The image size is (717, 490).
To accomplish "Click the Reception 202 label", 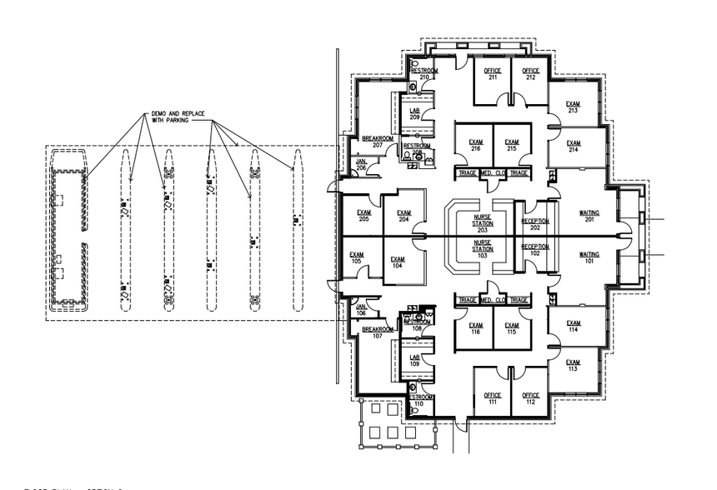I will click(535, 224).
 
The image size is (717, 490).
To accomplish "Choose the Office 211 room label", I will click(493, 75).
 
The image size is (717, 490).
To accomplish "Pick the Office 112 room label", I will click(531, 400).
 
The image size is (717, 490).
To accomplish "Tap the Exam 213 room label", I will click(573, 107).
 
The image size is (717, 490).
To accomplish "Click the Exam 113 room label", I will click(573, 366).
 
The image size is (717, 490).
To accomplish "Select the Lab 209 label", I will click(414, 114).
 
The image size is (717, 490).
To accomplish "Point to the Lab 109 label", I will click(414, 361).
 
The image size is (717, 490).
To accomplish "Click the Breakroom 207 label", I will click(377, 142).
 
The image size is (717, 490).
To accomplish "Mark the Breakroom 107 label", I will click(377, 333).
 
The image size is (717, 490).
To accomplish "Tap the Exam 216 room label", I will click(475, 145).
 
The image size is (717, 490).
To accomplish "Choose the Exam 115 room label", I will click(511, 329).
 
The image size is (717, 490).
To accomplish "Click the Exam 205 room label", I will click(364, 216).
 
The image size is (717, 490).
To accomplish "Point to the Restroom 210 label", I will click(424, 74).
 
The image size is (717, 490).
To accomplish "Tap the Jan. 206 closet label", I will click(361, 165).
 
